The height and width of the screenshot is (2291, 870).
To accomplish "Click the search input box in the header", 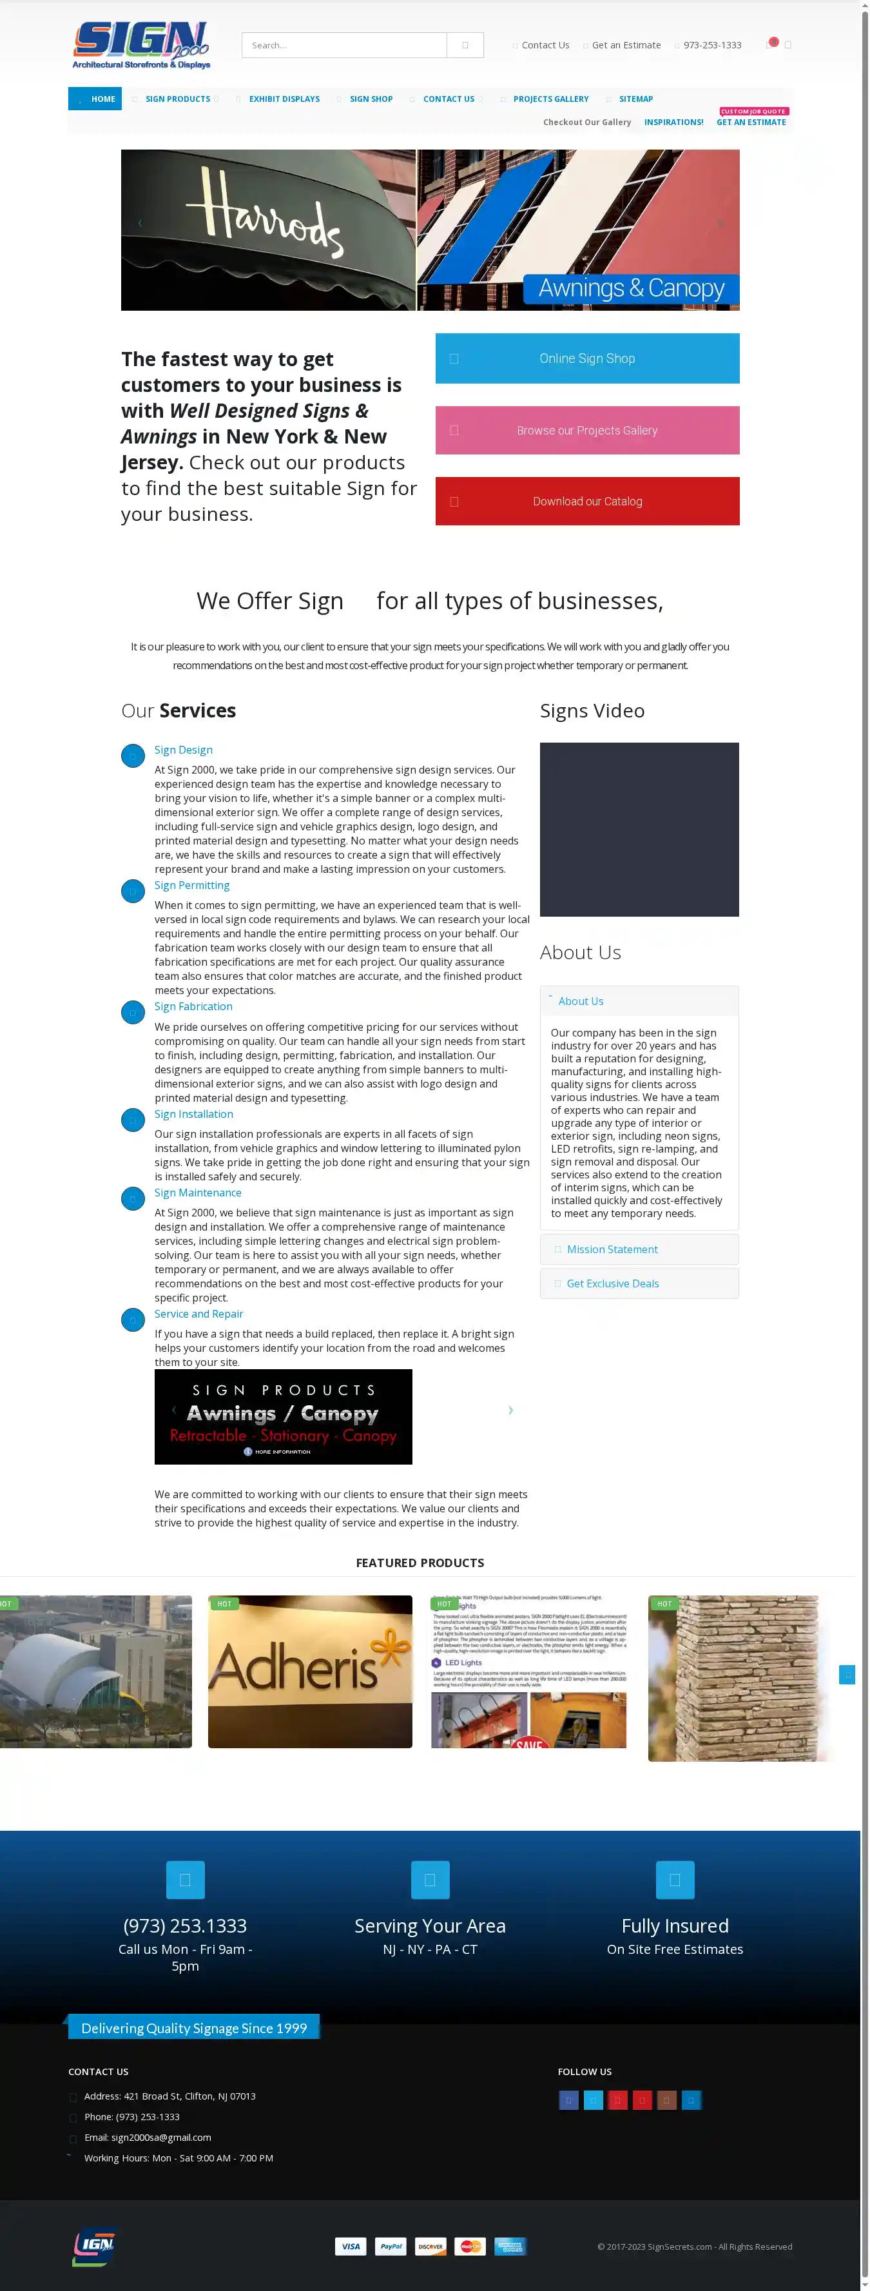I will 344,45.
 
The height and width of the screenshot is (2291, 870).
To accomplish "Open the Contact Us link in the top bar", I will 545,45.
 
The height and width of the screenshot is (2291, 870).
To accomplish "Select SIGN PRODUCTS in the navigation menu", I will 178,99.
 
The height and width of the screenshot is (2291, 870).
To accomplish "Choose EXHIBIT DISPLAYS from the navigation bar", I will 284,99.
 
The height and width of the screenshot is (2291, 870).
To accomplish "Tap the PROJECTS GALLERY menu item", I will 550,99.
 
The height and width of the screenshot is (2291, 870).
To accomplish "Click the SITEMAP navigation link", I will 635,99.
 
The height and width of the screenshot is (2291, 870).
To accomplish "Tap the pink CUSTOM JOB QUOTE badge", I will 753,111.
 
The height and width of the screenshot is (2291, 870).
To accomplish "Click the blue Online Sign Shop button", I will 586,358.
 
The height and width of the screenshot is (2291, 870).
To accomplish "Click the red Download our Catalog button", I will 586,502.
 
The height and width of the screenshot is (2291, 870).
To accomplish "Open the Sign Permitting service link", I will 192,885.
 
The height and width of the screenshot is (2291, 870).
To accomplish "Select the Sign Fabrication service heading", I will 193,1006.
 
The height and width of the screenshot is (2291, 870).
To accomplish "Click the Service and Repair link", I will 198,1314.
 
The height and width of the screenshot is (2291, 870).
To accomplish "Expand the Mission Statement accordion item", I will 612,1249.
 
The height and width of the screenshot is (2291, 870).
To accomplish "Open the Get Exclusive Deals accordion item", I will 612,1283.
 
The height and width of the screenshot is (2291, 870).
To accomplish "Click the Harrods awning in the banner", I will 267,229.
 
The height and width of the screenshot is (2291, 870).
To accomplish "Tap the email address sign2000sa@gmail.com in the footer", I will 161,2137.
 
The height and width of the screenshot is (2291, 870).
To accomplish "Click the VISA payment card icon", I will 351,2247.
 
